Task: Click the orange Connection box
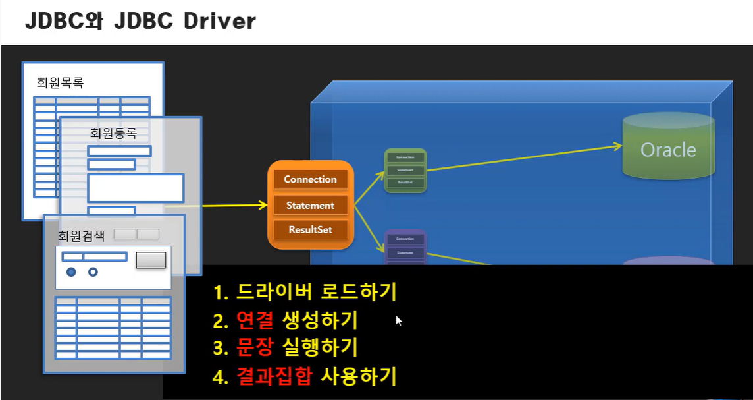click(x=310, y=179)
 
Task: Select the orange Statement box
click(x=310, y=206)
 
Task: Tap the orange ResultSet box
click(x=310, y=230)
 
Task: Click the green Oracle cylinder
click(x=668, y=149)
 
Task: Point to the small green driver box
click(x=405, y=170)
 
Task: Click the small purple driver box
click(x=405, y=248)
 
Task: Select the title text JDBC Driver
click(x=140, y=21)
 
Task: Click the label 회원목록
click(x=61, y=83)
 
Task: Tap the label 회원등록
click(x=113, y=133)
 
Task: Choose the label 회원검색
click(x=82, y=235)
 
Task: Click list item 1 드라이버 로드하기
click(x=305, y=291)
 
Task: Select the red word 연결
click(x=251, y=321)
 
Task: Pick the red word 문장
click(x=251, y=347)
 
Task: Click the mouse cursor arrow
click(x=398, y=320)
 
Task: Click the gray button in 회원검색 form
click(x=151, y=260)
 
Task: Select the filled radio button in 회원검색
click(x=71, y=271)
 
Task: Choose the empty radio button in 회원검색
click(x=93, y=271)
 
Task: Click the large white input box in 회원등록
click(x=136, y=188)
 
